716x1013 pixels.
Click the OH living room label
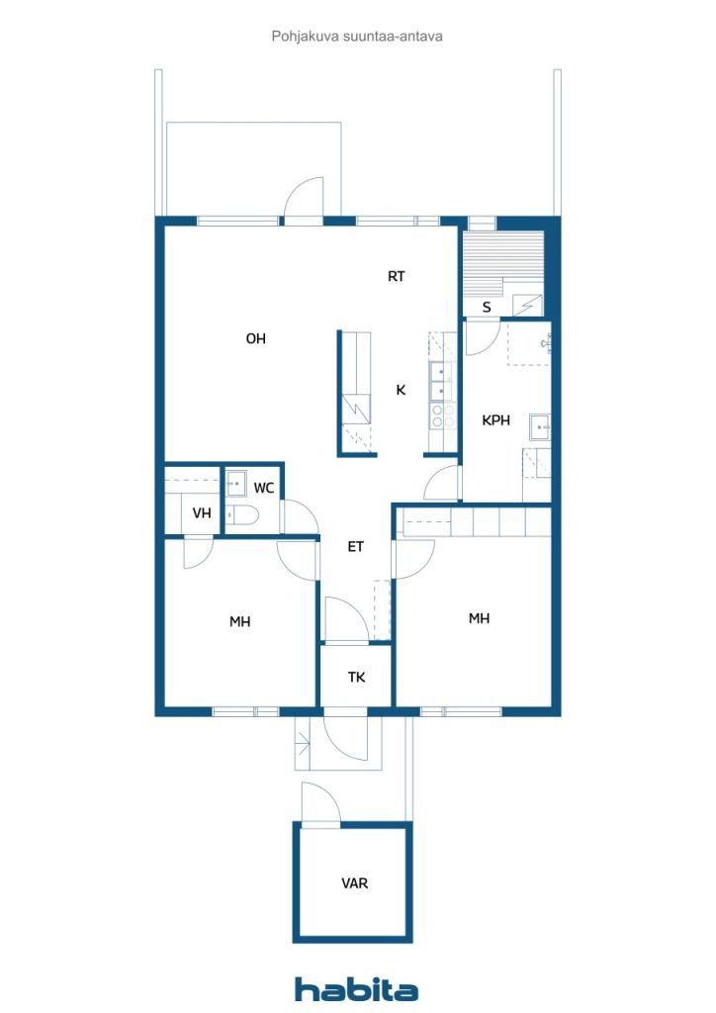(x=256, y=338)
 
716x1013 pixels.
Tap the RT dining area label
(x=396, y=277)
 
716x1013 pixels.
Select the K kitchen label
(x=401, y=390)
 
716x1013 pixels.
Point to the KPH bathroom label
(x=495, y=420)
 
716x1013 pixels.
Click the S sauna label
(x=487, y=308)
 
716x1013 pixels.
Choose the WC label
(x=263, y=488)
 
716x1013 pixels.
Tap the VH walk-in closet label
(x=202, y=513)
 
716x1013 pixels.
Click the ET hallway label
(x=356, y=547)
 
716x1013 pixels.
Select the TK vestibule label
(x=356, y=677)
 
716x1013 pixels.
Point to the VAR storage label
(x=354, y=883)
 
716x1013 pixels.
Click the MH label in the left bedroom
(x=239, y=622)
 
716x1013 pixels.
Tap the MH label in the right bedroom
(x=479, y=619)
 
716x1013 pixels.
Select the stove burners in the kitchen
(x=442, y=416)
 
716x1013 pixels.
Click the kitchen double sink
(x=442, y=381)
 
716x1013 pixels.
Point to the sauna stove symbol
(x=528, y=305)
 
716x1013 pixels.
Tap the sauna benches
(x=503, y=264)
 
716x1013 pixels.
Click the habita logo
(x=356, y=989)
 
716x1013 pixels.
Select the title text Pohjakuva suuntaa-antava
(x=357, y=37)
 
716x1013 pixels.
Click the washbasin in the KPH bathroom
(x=540, y=427)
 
